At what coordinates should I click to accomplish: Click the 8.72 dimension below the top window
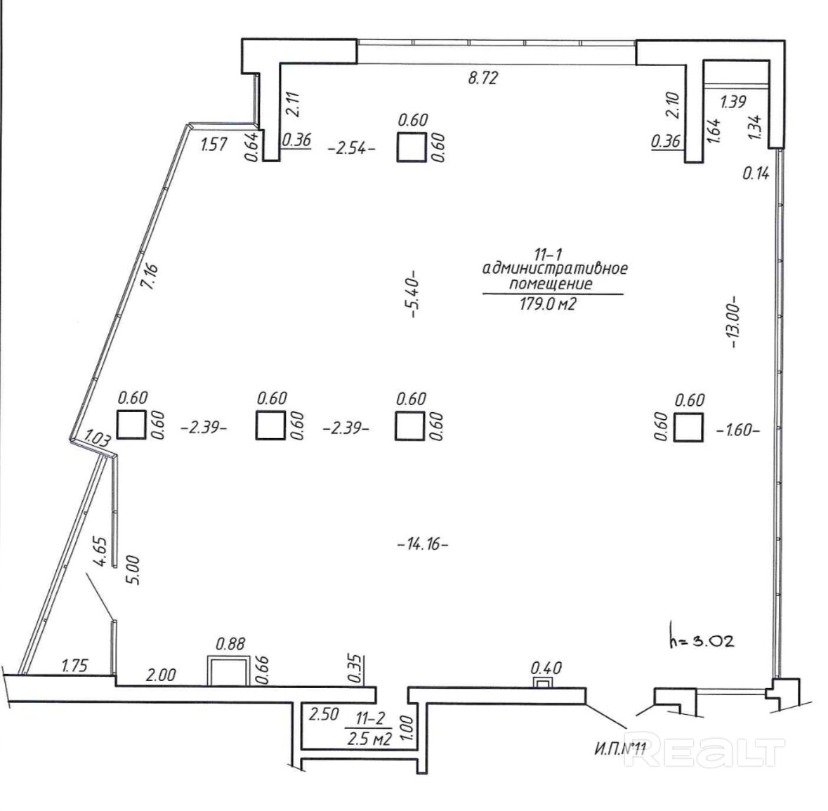(482, 79)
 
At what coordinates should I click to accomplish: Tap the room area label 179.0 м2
(547, 304)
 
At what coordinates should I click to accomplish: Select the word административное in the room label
(555, 268)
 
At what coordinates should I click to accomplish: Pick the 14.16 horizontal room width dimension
(423, 544)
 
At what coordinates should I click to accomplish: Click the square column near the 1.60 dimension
(688, 427)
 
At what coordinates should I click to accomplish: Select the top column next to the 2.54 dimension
(412, 147)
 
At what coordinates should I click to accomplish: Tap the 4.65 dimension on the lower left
(101, 552)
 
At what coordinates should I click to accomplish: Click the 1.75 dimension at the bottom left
(75, 665)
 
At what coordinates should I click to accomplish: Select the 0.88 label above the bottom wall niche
(231, 644)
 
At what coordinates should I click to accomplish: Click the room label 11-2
(371, 718)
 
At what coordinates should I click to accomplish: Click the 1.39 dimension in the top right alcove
(733, 101)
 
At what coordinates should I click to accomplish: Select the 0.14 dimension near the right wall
(756, 173)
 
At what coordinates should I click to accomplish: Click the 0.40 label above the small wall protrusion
(546, 668)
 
